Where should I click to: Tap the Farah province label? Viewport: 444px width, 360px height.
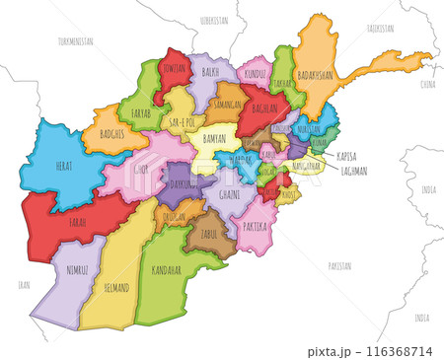(x=77, y=223)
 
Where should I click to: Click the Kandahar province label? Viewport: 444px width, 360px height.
(x=167, y=269)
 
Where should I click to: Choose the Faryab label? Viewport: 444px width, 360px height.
(x=141, y=113)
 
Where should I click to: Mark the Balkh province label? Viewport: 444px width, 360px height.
(x=210, y=72)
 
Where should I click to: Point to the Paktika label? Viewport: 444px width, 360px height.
(x=254, y=226)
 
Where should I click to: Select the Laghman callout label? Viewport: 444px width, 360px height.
(x=352, y=170)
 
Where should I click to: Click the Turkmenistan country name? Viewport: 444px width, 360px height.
(x=75, y=41)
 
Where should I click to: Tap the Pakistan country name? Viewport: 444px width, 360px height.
(x=339, y=265)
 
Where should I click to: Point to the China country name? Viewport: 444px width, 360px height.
(x=427, y=85)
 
